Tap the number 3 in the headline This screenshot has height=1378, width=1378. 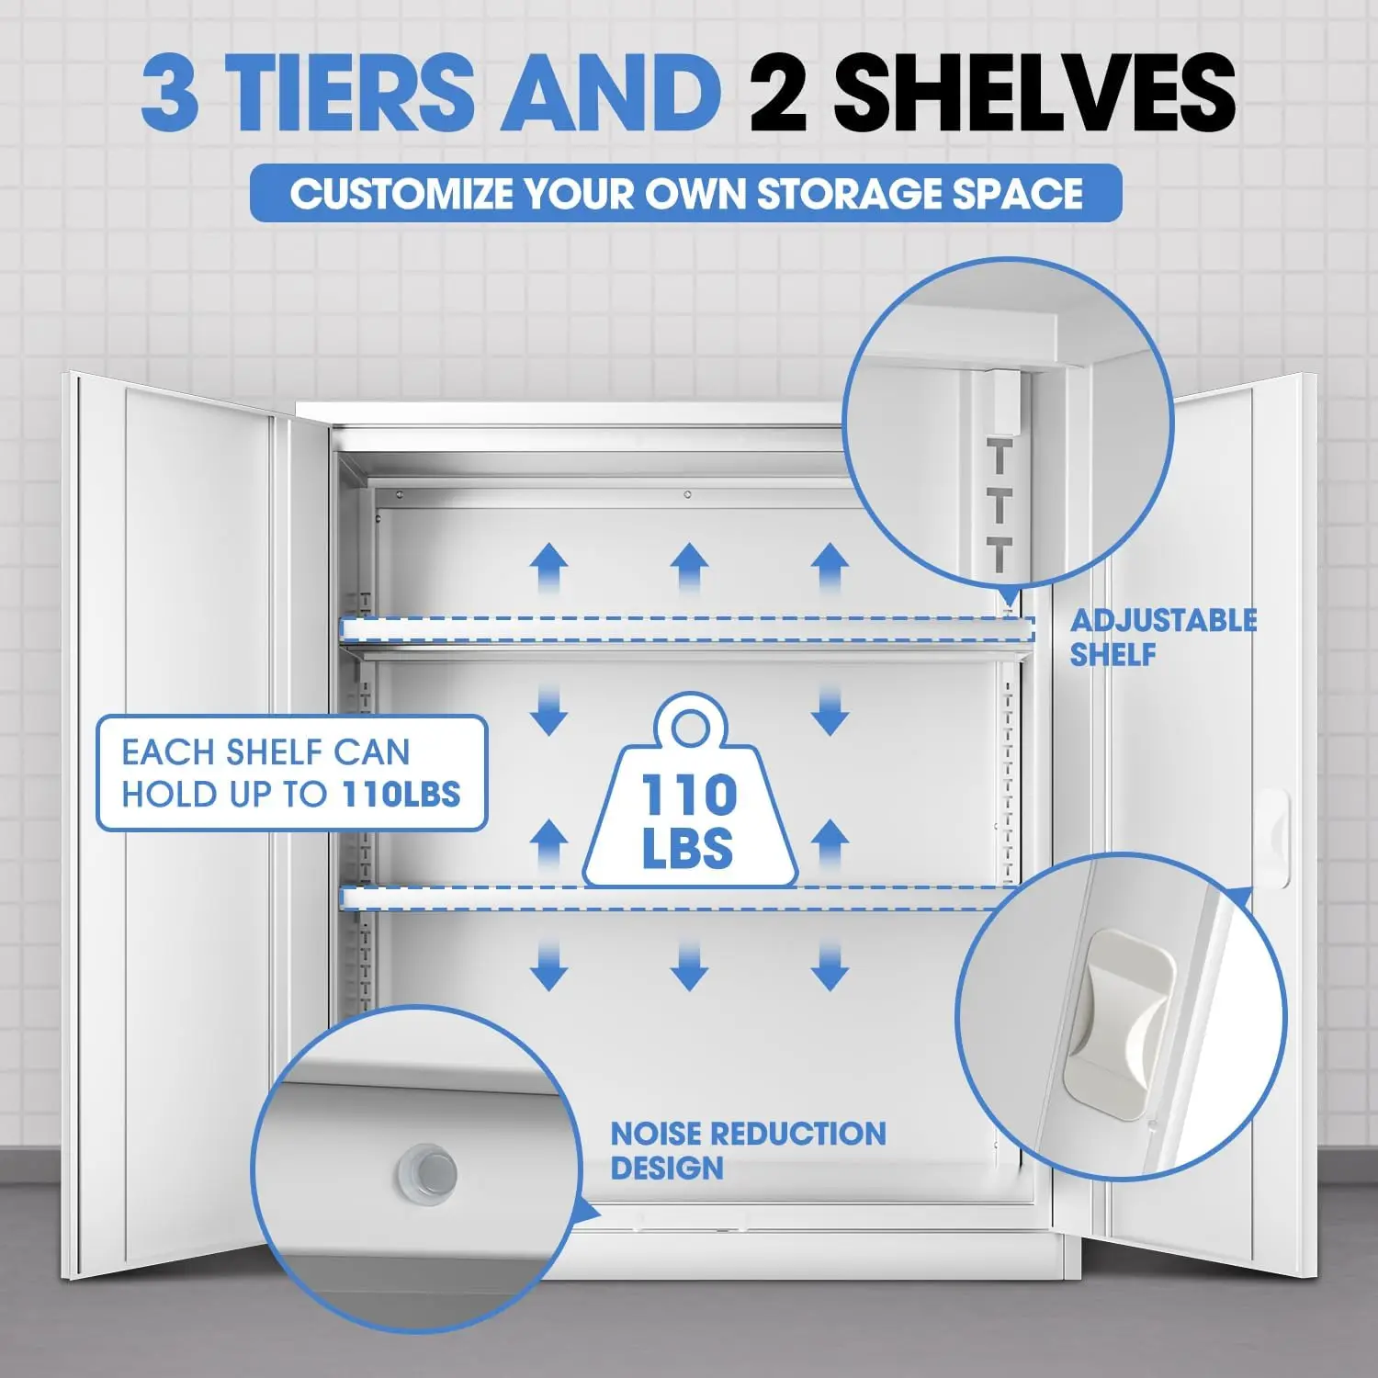coord(171,92)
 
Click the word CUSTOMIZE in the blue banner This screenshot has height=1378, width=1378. coord(401,194)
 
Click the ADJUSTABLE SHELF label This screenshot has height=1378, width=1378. coord(1163,638)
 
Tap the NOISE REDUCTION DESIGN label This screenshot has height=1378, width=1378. coord(748,1150)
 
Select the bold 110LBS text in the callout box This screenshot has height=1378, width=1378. coord(401,794)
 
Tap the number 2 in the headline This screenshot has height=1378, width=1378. coord(779,92)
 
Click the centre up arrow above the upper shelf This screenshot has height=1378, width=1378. coord(689,568)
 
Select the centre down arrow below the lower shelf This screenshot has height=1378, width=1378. coord(689,965)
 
